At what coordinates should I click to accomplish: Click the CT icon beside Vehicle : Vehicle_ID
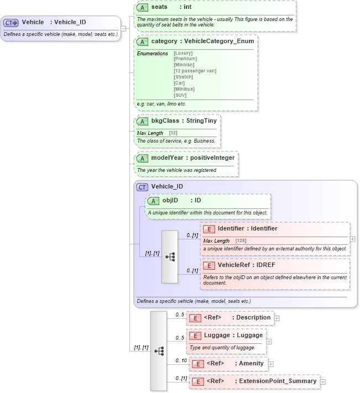[x=11, y=23]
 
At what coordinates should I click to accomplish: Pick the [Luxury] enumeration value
[x=183, y=53]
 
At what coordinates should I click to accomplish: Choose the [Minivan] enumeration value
[x=184, y=65]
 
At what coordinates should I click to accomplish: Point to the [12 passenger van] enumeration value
[x=195, y=71]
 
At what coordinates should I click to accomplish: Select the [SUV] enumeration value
[x=181, y=95]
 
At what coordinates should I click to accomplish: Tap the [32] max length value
[x=173, y=133]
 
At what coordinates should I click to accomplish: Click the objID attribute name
[x=170, y=200]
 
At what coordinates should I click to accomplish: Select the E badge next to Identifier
[x=209, y=229]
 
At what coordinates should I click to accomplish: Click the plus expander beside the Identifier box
[x=353, y=239]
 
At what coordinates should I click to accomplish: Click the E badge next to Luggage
[x=195, y=335]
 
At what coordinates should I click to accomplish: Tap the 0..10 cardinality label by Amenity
[x=181, y=360]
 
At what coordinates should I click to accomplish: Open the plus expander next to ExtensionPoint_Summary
[x=323, y=381]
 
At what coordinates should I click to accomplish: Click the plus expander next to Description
[x=277, y=318]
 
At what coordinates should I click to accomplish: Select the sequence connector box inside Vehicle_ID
[x=170, y=256]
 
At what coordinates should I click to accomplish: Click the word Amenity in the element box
[x=251, y=364]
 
